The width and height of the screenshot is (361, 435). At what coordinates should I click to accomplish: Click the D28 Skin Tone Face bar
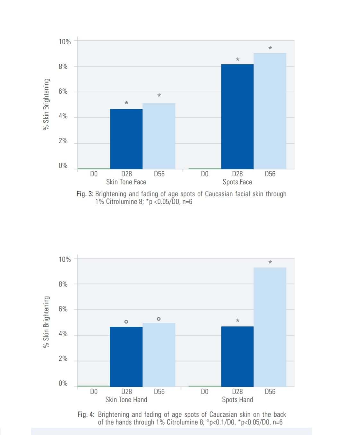(126, 139)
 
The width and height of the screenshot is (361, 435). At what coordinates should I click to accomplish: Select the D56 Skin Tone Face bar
(159, 136)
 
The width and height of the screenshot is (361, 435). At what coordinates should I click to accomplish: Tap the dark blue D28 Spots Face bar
(237, 116)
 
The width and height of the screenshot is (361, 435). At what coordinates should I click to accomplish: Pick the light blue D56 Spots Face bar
(270, 111)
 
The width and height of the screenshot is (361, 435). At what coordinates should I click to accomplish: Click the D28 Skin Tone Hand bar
(126, 357)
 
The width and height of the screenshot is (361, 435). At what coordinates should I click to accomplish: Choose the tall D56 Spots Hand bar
(270, 327)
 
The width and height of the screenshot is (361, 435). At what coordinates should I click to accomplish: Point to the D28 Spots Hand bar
(237, 357)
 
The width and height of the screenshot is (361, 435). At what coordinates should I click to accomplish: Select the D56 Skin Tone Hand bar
(159, 355)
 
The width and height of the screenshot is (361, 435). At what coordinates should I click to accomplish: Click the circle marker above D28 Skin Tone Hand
(126, 322)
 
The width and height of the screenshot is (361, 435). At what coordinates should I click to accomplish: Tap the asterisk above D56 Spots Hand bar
(270, 262)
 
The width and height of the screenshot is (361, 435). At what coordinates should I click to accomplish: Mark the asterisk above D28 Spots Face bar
(237, 60)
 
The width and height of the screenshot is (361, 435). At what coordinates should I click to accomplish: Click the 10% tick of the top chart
(64, 42)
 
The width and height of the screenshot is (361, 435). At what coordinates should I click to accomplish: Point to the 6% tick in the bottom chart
(63, 309)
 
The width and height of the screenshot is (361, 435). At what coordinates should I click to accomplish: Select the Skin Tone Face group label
(126, 182)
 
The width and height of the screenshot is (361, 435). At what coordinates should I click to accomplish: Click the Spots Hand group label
(237, 400)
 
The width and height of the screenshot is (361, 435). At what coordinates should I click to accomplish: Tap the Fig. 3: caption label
(85, 194)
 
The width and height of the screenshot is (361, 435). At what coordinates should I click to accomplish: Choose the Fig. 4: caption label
(86, 414)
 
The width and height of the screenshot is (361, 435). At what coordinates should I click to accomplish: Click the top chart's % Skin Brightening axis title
(46, 104)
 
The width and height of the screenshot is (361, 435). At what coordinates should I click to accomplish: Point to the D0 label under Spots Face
(204, 174)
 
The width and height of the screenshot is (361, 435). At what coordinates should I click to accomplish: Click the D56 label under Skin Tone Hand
(159, 392)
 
